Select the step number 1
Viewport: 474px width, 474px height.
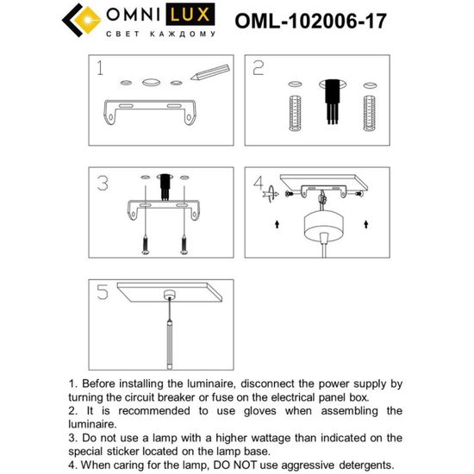102,69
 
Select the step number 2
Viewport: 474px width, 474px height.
258,70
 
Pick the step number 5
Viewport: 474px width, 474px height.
103,293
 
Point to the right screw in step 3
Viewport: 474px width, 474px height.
183,246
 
